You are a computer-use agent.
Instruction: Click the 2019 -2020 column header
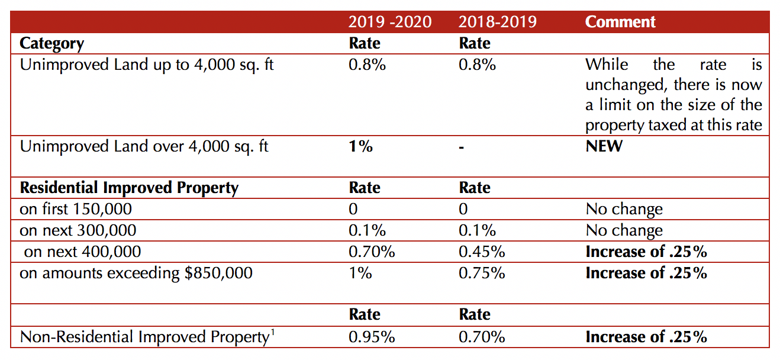(389, 22)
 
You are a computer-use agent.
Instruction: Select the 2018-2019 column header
(497, 22)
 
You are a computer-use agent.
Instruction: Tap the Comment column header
(620, 22)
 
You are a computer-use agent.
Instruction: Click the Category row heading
(52, 43)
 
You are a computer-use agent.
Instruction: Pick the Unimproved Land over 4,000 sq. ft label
(144, 146)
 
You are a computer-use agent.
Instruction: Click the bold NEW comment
(604, 146)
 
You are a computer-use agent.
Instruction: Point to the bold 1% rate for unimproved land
(360, 146)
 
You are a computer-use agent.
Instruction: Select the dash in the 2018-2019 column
(462, 146)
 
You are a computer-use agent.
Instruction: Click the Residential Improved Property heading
(129, 188)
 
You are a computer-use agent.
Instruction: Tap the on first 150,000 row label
(76, 209)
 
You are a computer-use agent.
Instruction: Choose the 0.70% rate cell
(372, 252)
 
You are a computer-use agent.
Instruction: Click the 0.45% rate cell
(482, 252)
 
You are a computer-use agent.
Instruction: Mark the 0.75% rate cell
(482, 273)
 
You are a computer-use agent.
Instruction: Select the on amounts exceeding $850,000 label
(136, 273)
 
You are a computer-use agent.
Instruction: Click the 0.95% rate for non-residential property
(372, 337)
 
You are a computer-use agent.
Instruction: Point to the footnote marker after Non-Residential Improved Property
(272, 333)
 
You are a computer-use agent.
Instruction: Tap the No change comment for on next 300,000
(624, 230)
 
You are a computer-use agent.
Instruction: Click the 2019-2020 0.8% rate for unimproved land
(367, 65)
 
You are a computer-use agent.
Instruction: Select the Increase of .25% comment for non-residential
(646, 337)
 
